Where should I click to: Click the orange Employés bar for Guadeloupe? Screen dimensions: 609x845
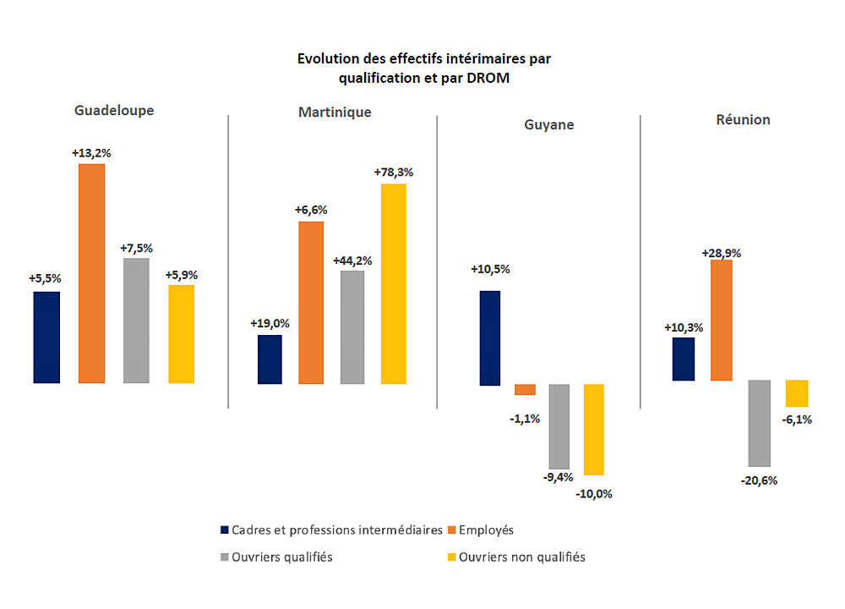(x=91, y=273)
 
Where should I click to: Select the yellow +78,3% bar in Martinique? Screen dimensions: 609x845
(x=393, y=283)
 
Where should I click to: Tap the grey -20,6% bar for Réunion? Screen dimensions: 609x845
(x=760, y=423)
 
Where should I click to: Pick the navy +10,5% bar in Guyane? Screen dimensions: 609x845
(x=489, y=337)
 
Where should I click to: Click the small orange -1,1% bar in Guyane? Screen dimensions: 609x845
(x=525, y=389)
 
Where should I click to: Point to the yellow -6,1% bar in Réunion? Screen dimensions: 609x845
(x=797, y=393)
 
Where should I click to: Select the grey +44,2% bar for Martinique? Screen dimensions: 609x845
(x=352, y=326)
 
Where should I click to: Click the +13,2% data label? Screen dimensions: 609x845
(x=91, y=152)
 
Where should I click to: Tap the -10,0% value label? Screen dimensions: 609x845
(x=594, y=493)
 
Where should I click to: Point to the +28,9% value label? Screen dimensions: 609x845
(x=721, y=252)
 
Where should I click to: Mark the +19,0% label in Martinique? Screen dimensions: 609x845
(x=270, y=323)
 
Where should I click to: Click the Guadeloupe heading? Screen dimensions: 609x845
(x=114, y=110)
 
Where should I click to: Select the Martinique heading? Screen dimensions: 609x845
(x=335, y=112)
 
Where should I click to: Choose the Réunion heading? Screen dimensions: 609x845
(x=743, y=119)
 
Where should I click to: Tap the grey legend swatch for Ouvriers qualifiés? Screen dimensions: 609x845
(x=224, y=557)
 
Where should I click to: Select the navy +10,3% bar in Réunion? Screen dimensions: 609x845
(x=683, y=359)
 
